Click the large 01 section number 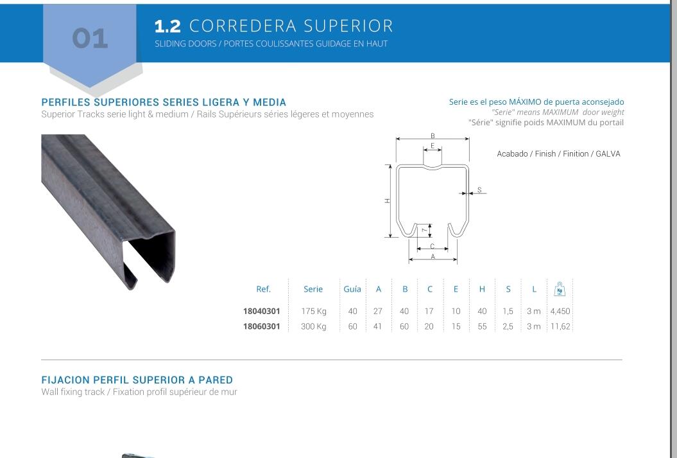pos(90,39)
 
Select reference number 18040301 pos(261,312)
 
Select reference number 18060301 pos(261,326)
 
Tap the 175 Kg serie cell pos(314,312)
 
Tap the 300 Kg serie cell pos(314,326)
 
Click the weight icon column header pos(560,289)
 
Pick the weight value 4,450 pos(560,312)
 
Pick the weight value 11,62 pos(560,326)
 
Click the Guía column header pos(352,289)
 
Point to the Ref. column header pos(263,289)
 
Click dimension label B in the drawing pos(433,136)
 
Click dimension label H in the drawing pos(388,201)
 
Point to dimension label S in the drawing pos(479,190)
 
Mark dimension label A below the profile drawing pos(433,256)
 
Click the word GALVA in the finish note pos(608,154)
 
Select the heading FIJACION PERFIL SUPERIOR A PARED pos(137,380)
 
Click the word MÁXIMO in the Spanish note pos(525,102)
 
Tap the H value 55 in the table pos(482,326)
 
